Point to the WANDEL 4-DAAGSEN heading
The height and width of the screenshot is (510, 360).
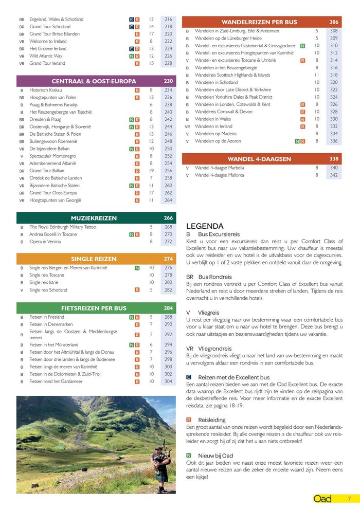[x=259, y=159]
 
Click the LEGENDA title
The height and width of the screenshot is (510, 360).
[x=205, y=226]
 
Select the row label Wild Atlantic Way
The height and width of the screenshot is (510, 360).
[x=46, y=56]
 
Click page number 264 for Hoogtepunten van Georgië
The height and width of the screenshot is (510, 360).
[x=168, y=201]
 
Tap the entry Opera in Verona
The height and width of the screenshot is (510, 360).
[x=46, y=242]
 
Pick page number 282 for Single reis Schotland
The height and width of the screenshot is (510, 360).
[x=168, y=290]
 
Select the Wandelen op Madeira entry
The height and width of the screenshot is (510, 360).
[x=215, y=134]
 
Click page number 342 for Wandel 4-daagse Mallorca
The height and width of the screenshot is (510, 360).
[x=334, y=175]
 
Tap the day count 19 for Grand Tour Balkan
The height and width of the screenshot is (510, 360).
[x=151, y=171]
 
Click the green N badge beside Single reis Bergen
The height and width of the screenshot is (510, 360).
[x=137, y=268]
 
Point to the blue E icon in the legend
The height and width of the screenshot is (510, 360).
[x=189, y=377]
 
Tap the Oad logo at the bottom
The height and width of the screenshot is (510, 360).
[x=322, y=499]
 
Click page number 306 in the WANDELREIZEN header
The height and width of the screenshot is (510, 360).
[x=334, y=22]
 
